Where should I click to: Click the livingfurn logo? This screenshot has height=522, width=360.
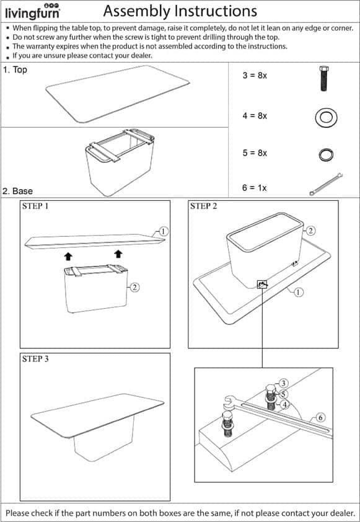click(x=33, y=11)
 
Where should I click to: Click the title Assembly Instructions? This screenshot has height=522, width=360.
click(x=180, y=11)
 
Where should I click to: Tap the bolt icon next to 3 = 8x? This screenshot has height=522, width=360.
click(x=323, y=78)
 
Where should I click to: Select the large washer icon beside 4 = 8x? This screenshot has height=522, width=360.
click(x=326, y=118)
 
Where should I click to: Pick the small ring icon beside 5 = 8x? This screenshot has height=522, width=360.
click(x=326, y=154)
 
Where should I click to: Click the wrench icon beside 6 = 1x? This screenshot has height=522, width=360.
click(x=326, y=184)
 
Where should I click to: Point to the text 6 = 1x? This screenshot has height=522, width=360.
click(x=255, y=188)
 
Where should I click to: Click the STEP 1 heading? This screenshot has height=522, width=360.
click(x=35, y=206)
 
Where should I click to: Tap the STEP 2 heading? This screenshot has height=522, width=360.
click(x=203, y=206)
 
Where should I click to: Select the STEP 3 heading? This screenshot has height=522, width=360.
click(x=35, y=358)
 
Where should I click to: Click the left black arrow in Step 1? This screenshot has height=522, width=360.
click(x=68, y=256)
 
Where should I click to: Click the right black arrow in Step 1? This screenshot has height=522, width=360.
click(x=118, y=254)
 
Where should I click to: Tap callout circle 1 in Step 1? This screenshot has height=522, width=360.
click(x=163, y=231)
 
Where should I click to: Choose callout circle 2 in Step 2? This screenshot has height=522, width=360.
click(x=310, y=231)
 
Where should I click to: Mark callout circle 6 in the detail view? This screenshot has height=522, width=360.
click(x=320, y=417)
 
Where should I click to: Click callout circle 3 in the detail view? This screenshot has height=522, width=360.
click(x=283, y=384)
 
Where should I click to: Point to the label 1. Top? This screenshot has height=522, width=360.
click(x=15, y=70)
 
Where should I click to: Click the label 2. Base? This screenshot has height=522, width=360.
click(x=17, y=191)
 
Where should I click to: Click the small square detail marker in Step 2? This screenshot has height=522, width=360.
click(x=262, y=285)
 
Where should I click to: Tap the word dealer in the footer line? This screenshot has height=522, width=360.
click(x=342, y=513)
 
